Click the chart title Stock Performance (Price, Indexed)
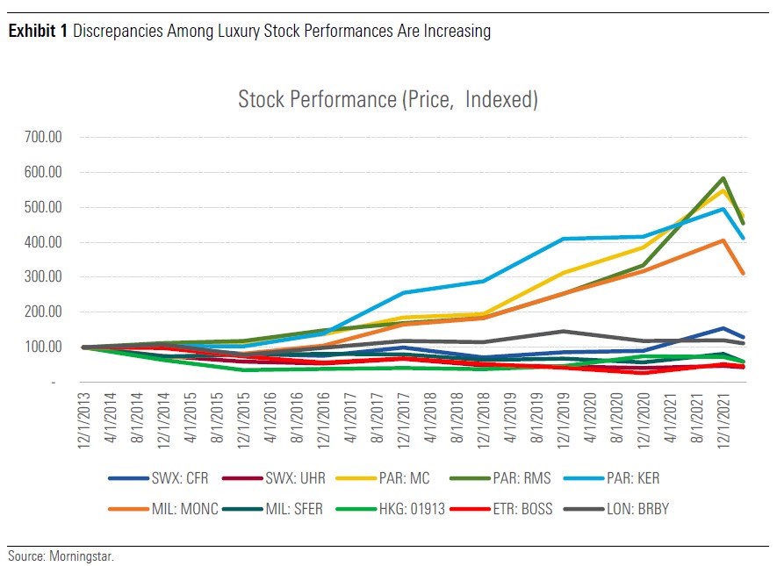pyautogui.click(x=387, y=99)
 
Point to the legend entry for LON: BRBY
pyautogui.click(x=633, y=508)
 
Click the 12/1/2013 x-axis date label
pyautogui.click(x=85, y=420)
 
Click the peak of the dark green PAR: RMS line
pyautogui.click(x=722, y=178)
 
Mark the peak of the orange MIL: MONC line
pyautogui.click(x=722, y=240)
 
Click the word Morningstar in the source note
pyautogui.click(x=85, y=556)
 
